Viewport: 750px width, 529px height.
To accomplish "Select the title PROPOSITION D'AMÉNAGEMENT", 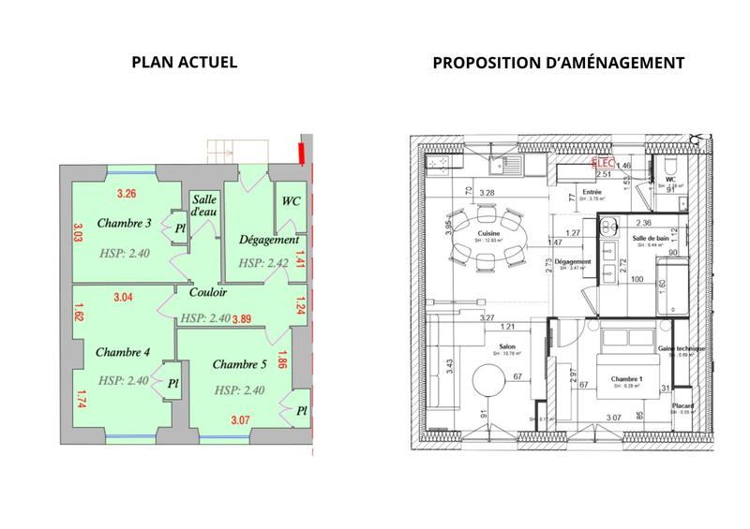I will pyautogui.click(x=558, y=63).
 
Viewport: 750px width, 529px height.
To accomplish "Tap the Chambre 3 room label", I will pyautogui.click(x=124, y=223).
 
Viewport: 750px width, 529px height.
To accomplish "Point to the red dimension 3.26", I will pyautogui.click(x=126, y=194).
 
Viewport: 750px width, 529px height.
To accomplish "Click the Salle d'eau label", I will pyautogui.click(x=205, y=207).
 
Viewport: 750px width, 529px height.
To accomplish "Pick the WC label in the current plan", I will pyautogui.click(x=290, y=200).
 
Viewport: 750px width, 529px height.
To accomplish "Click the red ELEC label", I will pyautogui.click(x=600, y=161).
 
